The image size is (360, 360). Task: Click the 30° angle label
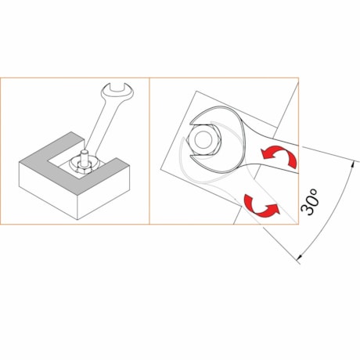[x=310, y=202]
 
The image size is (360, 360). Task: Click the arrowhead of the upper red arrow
[x=266, y=153]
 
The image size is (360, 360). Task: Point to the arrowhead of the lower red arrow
[x=273, y=209]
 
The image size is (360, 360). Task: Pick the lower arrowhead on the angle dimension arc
[x=300, y=257]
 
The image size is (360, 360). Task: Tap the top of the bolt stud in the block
[x=85, y=151]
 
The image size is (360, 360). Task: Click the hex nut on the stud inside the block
[x=83, y=169]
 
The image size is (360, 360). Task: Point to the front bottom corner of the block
[x=77, y=220]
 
